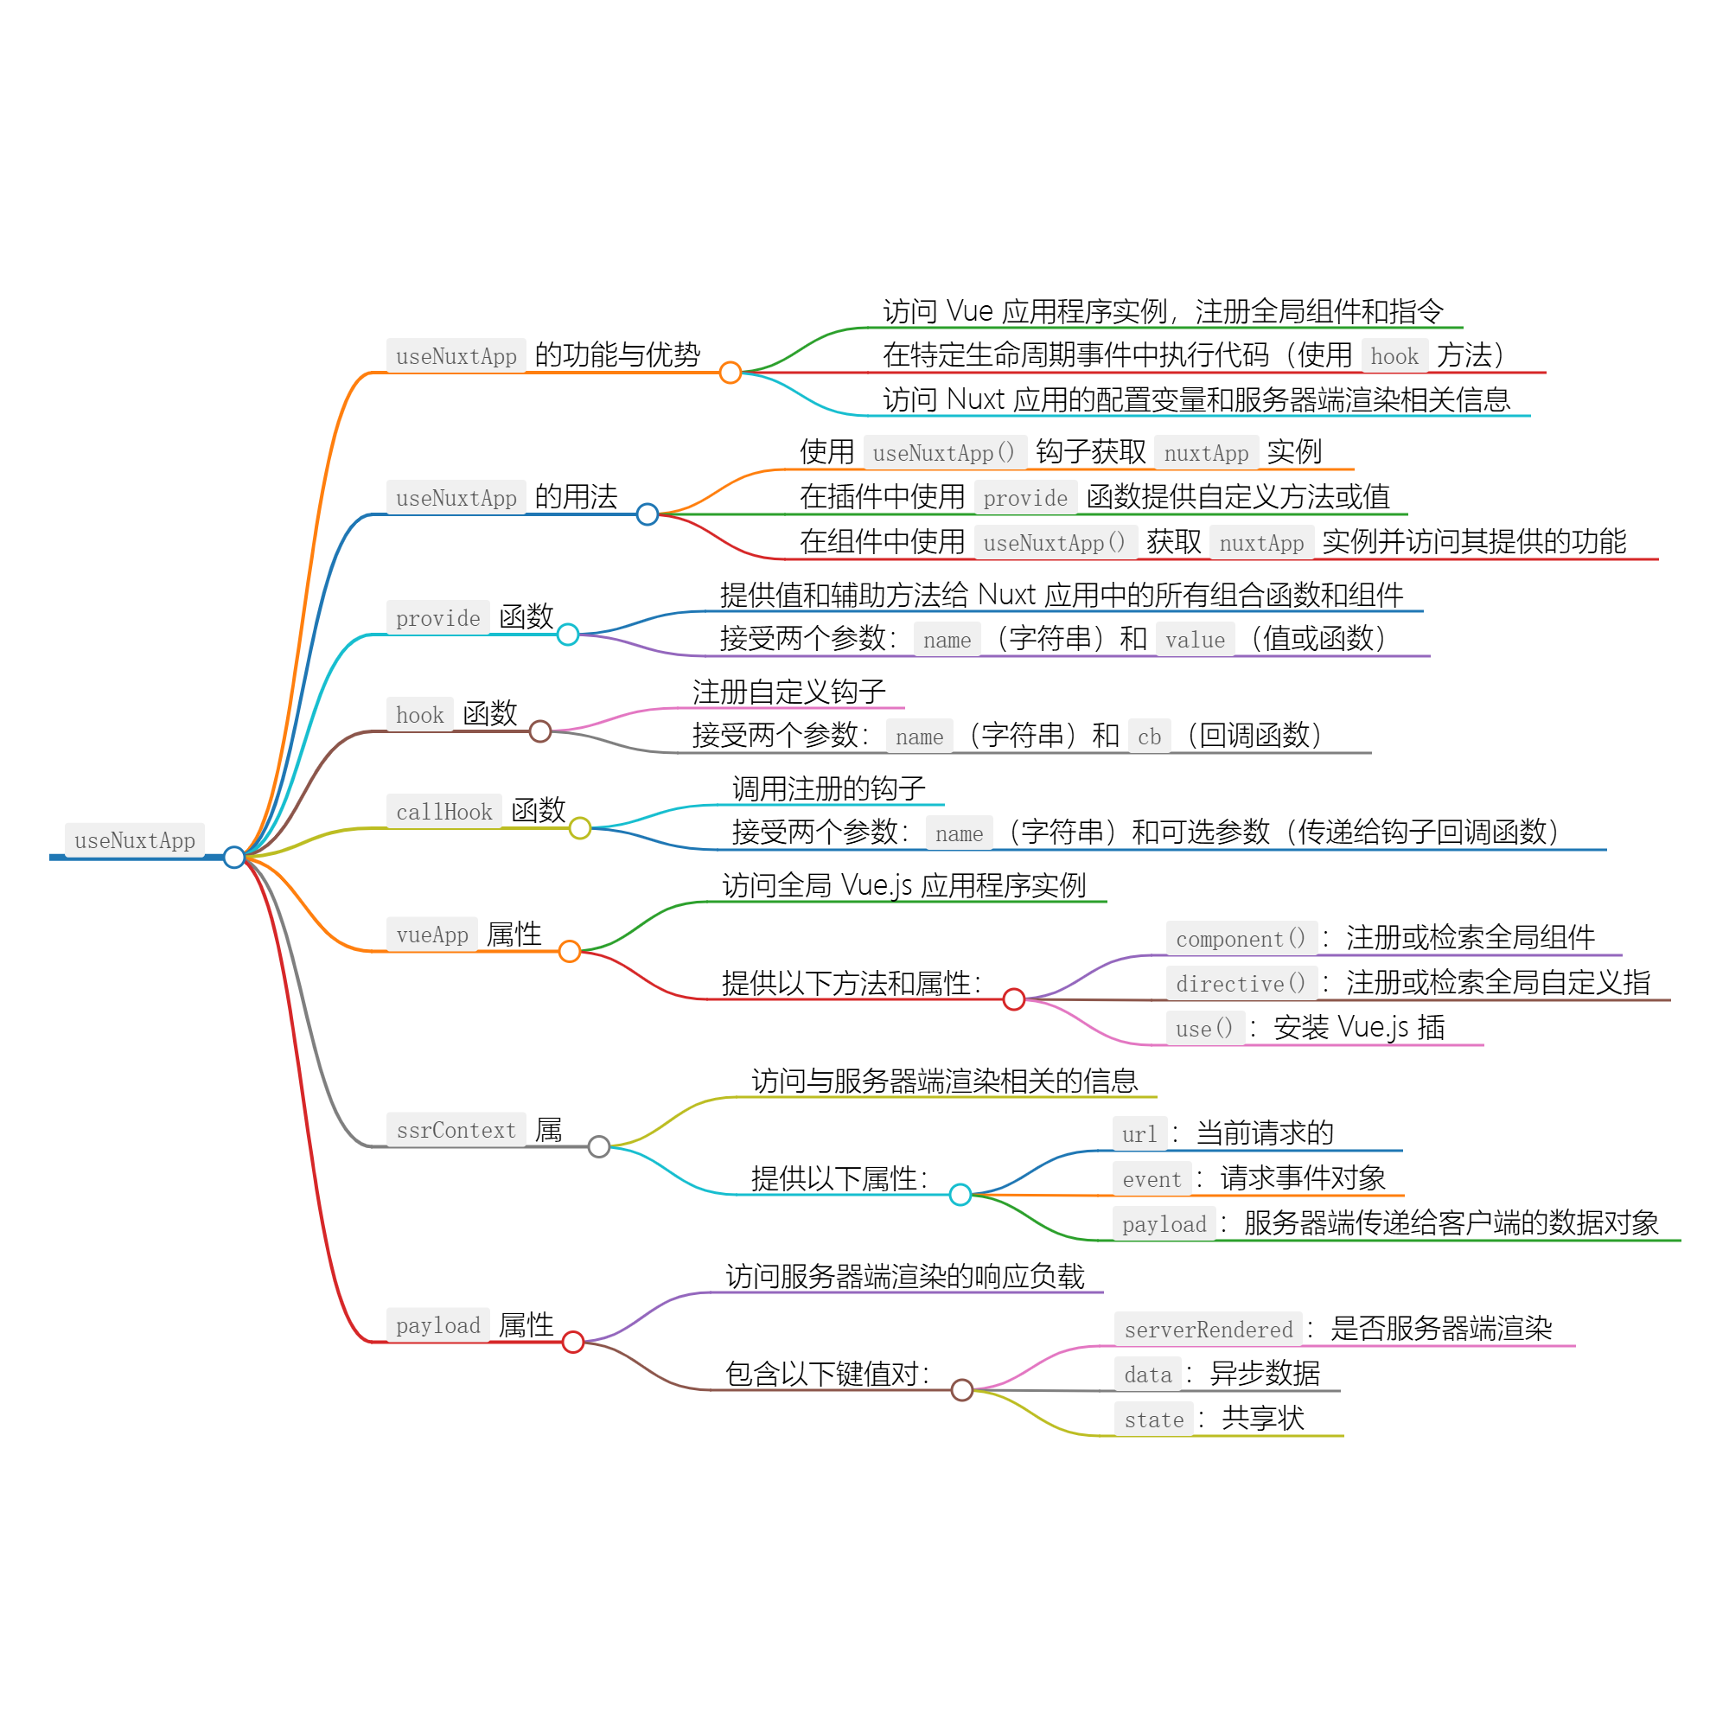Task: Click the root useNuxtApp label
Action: tap(134, 840)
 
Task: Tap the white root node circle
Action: tap(234, 858)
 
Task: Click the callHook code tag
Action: tap(443, 812)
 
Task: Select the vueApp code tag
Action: tap(432, 935)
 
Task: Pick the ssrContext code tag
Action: tap(456, 1130)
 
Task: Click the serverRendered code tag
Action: tap(1209, 1330)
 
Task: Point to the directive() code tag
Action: tap(1241, 984)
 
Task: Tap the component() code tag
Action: tap(1241, 939)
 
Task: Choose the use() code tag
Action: tap(1204, 1028)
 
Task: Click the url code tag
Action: tap(1139, 1135)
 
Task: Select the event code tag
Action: tap(1152, 1179)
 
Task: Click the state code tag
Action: tap(1153, 1420)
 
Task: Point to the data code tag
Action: tap(1147, 1375)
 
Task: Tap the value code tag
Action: tap(1195, 640)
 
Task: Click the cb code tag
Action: tap(1149, 737)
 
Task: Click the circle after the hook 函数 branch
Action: tap(540, 731)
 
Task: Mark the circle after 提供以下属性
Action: tap(960, 1195)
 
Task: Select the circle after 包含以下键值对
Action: tap(962, 1390)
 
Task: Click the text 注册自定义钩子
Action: tap(788, 692)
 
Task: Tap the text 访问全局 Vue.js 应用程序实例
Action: tap(904, 885)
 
